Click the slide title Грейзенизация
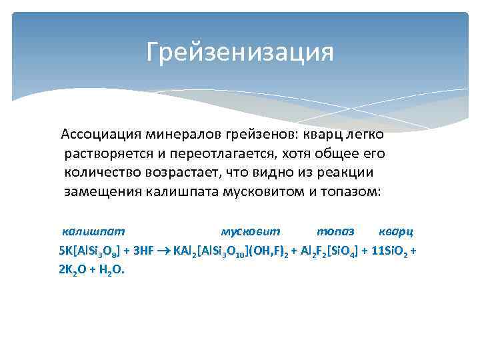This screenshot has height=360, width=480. (240, 51)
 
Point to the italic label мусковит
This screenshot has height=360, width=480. (251, 232)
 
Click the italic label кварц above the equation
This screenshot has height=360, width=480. (395, 232)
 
